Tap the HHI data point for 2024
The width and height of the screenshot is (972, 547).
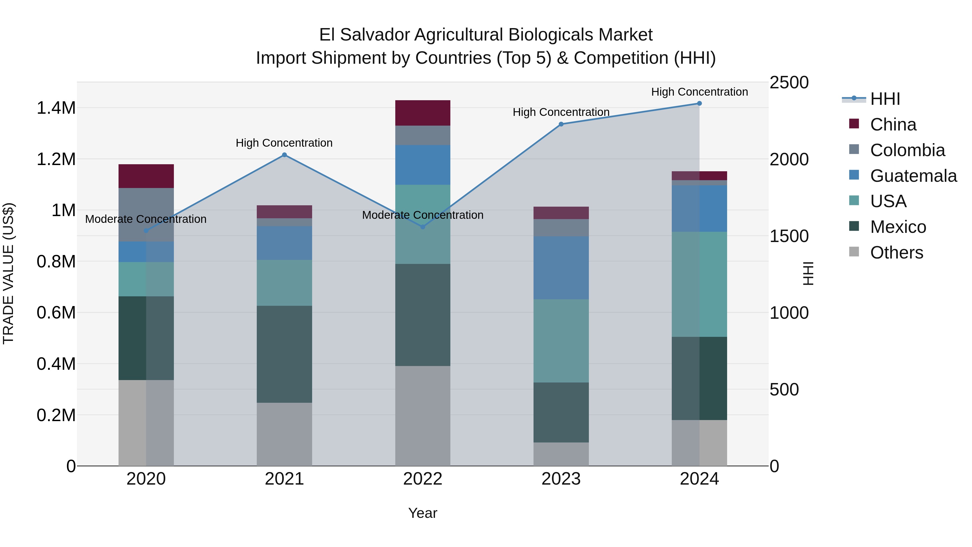699,103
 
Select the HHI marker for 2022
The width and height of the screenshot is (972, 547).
423,227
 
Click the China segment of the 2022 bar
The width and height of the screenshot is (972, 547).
423,113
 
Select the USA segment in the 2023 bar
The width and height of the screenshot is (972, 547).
561,341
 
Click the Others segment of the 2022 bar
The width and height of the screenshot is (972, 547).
423,415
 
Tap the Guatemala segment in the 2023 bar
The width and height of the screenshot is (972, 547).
561,268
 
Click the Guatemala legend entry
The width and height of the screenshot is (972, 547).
913,176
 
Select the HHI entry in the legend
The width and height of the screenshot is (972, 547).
885,99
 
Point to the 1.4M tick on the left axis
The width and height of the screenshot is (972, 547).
56,108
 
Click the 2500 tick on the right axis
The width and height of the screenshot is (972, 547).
789,83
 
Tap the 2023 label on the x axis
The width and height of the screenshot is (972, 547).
561,479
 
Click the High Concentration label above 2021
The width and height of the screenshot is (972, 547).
284,143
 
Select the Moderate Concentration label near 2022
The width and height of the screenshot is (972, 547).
423,215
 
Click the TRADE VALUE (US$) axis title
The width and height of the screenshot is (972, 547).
8,273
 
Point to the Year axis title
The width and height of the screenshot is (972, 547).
423,513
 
